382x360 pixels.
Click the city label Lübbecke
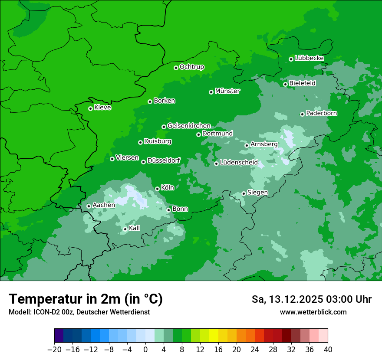[309, 58]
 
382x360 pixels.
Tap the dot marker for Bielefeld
[285, 84]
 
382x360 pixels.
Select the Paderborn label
[321, 113]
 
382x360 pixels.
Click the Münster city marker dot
[211, 92]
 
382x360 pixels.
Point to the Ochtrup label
[191, 67]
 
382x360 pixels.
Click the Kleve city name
[102, 108]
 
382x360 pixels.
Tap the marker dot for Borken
[150, 101]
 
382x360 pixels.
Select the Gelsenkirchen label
[189, 126]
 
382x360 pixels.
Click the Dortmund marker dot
[198, 134]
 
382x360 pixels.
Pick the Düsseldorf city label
[164, 160]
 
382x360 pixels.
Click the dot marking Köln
[157, 189]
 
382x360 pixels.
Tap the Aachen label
[104, 205]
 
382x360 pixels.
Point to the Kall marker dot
[125, 229]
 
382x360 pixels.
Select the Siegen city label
[257, 193]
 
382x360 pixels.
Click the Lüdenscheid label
[239, 163]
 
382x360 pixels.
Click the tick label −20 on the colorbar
[54, 350]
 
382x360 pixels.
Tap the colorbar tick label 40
[328, 350]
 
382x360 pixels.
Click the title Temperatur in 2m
[86, 299]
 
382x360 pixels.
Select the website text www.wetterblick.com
[313, 312]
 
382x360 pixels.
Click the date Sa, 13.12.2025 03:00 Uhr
[311, 299]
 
